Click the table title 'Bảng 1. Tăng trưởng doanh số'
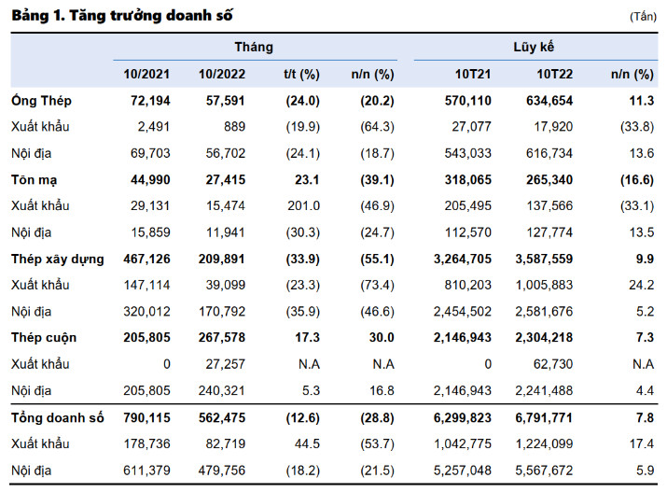122,16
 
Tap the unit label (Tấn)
643,17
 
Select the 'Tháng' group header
254,47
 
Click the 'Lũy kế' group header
534,47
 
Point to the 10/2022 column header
222,74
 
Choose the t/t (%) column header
301,74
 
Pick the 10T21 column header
473,74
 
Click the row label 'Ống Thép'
41,101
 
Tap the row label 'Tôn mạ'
34,180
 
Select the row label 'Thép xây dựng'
58,260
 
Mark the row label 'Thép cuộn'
44,338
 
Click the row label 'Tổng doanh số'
58,418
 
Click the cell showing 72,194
150,101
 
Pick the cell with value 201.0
304,206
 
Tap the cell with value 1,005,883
544,285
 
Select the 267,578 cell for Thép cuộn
222,338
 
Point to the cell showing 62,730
553,364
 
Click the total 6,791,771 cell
544,418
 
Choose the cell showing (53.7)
377,443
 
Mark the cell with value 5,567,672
544,471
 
